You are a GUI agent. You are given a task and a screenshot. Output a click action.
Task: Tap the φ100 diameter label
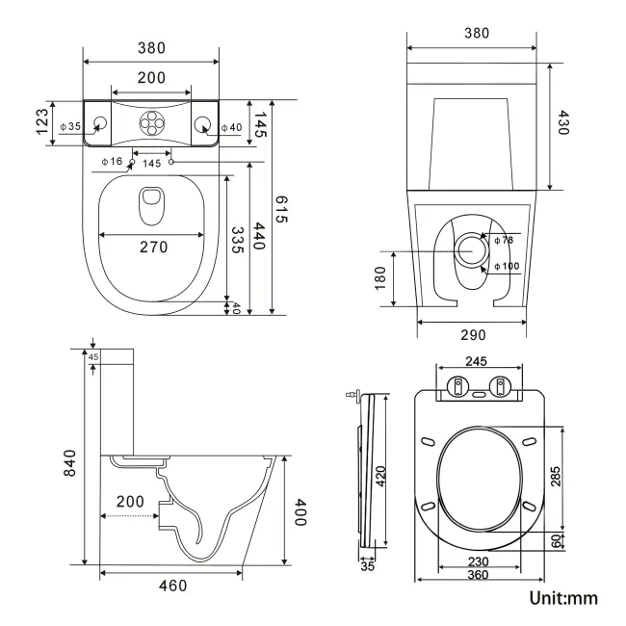coord(506,266)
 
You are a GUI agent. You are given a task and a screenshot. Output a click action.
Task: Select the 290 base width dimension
coord(472,334)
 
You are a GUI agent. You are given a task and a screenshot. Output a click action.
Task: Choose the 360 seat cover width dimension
coord(478,575)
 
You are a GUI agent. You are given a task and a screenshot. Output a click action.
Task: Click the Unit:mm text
coord(563,599)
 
